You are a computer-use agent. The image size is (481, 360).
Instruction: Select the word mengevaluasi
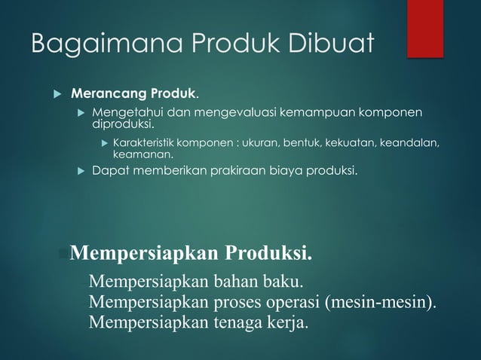pyautogui.click(x=231, y=113)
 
